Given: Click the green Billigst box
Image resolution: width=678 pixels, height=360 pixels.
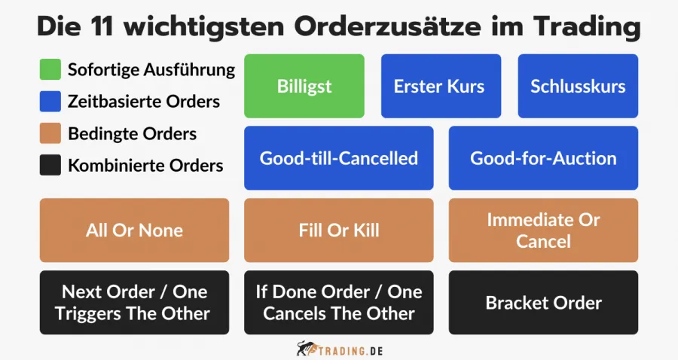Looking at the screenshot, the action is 304,86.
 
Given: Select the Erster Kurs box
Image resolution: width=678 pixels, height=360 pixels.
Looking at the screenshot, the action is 438,86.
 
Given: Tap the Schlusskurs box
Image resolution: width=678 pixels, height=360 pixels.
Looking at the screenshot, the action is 578,86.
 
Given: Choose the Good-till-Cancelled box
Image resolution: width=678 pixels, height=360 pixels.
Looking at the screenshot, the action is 338,158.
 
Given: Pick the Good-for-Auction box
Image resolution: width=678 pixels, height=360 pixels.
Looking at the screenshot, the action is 543,158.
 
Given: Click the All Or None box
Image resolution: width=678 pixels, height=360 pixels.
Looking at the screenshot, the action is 134,230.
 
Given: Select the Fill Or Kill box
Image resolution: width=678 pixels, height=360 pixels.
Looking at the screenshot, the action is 338,230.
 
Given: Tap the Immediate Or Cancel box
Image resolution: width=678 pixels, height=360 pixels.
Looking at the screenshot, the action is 543,230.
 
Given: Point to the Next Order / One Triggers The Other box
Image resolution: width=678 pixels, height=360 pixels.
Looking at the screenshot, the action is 134,303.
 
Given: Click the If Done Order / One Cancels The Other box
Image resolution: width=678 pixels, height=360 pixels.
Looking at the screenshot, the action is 338,303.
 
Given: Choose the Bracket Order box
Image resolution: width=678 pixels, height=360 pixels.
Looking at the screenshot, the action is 543,303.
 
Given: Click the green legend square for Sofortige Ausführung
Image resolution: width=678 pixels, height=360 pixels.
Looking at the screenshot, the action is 50,70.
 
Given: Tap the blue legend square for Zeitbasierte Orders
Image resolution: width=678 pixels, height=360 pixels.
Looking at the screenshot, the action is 50,102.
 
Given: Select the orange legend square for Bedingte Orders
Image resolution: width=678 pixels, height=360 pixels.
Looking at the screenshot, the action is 50,133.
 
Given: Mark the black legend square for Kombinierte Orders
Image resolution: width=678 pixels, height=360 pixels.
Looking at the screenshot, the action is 50,165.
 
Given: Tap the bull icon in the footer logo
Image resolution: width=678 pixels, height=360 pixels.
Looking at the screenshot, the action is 305,349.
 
